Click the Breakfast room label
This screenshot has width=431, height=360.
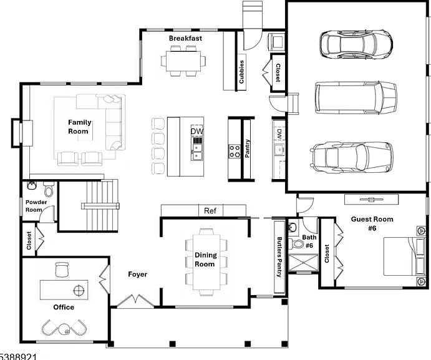pyautogui.click(x=185, y=38)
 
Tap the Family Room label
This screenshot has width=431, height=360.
pyautogui.click(x=79, y=127)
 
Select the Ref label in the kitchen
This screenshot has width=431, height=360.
pyautogui.click(x=210, y=211)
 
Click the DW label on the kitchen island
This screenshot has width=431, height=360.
pyautogui.click(x=197, y=132)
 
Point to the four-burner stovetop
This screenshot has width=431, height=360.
pyautogui.click(x=234, y=151)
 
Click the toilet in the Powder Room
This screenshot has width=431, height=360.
pyautogui.click(x=49, y=188)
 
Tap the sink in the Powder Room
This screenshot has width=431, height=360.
pyautogui.click(x=32, y=186)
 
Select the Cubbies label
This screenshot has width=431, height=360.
pyautogui.click(x=241, y=72)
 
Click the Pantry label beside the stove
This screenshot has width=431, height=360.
pyautogui.click(x=247, y=148)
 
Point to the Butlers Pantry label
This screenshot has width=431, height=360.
pyautogui.click(x=279, y=257)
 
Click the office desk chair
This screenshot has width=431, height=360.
pyautogui.click(x=62, y=270)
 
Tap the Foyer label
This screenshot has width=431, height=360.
pyautogui.click(x=137, y=274)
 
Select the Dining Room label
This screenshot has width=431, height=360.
pyautogui.click(x=206, y=260)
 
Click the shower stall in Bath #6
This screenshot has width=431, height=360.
pyautogui.click(x=303, y=263)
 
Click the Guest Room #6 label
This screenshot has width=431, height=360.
pyautogui.click(x=372, y=223)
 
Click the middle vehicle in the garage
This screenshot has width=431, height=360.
pyautogui.click(x=356, y=98)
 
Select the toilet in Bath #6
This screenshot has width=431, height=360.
pyautogui.click(x=296, y=243)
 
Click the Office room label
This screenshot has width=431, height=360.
pyautogui.click(x=64, y=307)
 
